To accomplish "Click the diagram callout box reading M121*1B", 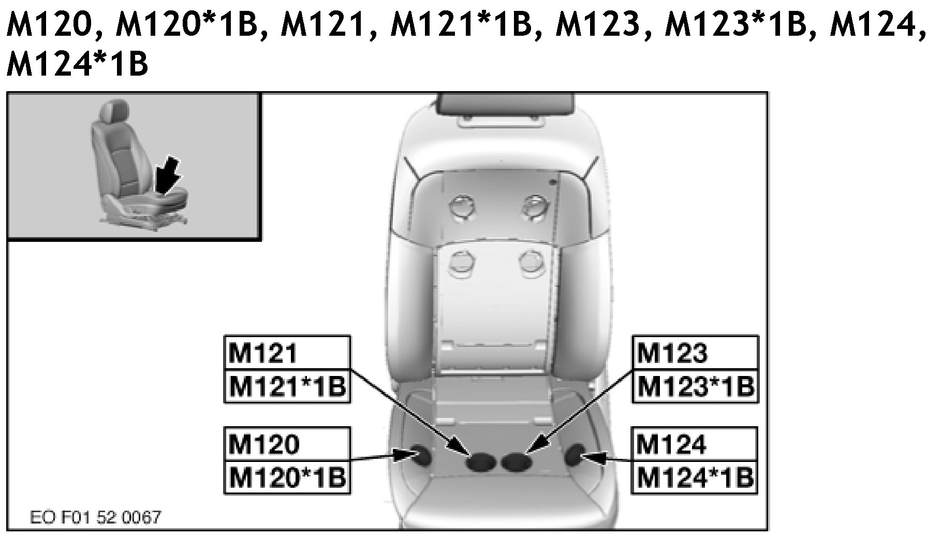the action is [287, 386].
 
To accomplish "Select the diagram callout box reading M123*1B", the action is [695, 386].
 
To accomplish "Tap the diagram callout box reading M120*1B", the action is [287, 477].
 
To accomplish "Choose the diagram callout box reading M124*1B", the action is [695, 477].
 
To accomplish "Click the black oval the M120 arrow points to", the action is [423, 456].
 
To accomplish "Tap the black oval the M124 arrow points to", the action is [575, 455].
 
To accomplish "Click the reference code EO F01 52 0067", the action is [96, 517].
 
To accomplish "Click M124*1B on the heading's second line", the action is [78, 65].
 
